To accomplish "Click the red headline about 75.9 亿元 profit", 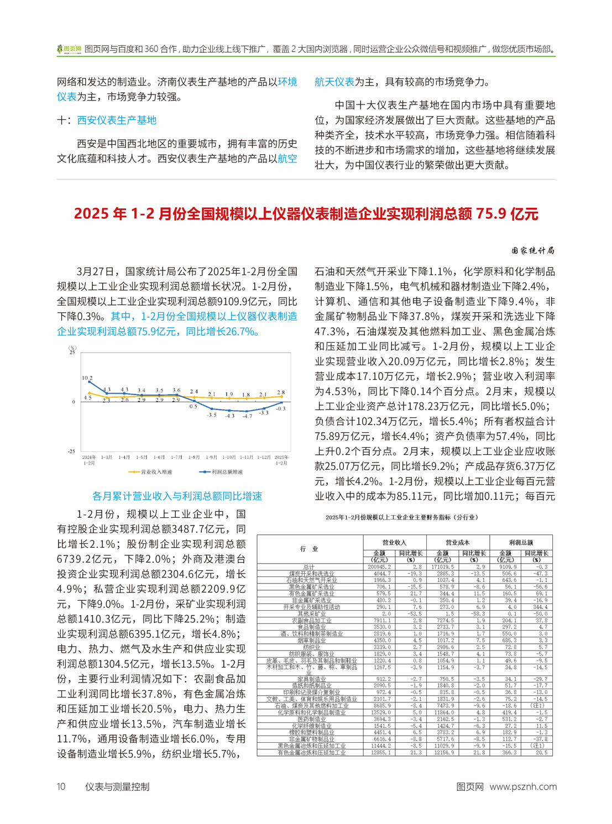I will (306, 214).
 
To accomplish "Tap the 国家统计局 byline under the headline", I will (532, 250).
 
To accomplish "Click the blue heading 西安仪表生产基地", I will (117, 120).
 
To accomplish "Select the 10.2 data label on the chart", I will (87, 378).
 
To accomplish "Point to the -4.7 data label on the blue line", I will (247, 416).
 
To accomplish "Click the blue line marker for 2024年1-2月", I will (90, 382).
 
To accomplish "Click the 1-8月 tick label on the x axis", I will (193, 457).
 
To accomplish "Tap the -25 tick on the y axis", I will (71, 452).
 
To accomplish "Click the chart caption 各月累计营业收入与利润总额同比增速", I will (177, 496).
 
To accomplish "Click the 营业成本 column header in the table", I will (458, 542).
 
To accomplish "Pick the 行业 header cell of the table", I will (309, 549).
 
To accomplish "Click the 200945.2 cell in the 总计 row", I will (379, 566).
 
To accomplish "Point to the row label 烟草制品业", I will (312, 641).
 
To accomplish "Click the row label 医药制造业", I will (312, 719).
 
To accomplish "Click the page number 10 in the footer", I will (61, 786).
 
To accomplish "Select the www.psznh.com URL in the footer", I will (522, 786).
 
